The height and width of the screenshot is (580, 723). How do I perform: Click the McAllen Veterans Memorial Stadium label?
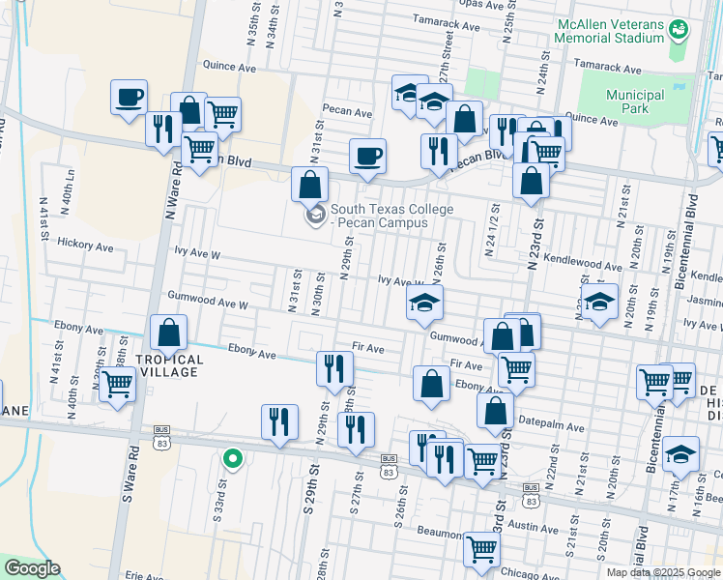point(609,31)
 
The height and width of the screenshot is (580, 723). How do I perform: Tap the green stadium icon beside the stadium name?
point(680,30)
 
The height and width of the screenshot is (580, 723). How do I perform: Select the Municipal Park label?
point(635,101)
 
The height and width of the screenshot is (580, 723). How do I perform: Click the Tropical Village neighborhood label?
point(169,366)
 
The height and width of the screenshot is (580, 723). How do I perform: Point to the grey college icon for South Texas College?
point(315,215)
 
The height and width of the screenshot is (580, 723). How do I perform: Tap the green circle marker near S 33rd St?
point(231,459)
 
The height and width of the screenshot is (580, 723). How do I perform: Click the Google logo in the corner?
point(33,568)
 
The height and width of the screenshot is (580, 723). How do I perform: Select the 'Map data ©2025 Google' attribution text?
point(662,572)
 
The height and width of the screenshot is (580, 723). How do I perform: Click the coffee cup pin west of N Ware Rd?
point(130,98)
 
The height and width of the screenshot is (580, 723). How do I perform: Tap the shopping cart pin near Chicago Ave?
point(481,549)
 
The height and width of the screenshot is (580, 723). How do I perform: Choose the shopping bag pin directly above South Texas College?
point(309,184)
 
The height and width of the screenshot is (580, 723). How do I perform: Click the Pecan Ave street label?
point(347,112)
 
